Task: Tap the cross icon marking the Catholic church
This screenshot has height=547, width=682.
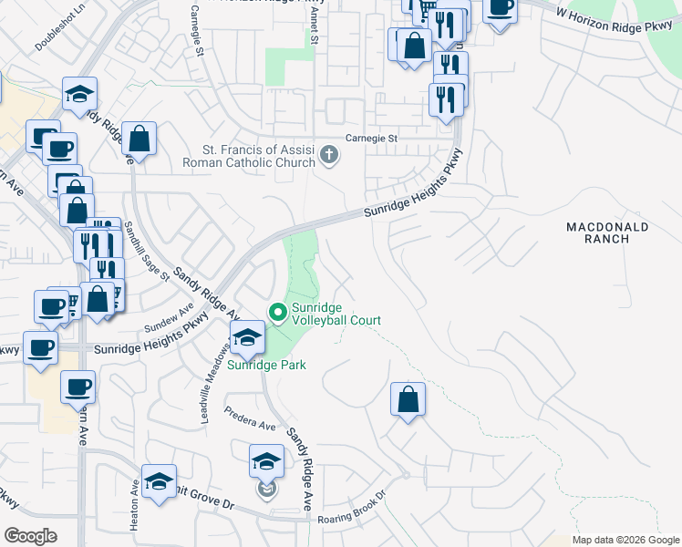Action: [329, 157]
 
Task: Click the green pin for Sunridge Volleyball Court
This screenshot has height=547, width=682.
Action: [278, 314]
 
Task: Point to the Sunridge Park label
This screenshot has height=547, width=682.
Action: [266, 365]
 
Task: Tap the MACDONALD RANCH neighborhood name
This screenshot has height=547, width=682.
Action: [607, 232]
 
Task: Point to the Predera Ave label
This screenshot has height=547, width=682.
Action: [250, 419]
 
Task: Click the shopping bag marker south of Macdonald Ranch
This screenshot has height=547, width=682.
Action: [408, 398]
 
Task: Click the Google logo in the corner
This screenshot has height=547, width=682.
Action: [30, 536]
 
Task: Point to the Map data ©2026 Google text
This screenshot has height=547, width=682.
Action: [625, 540]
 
